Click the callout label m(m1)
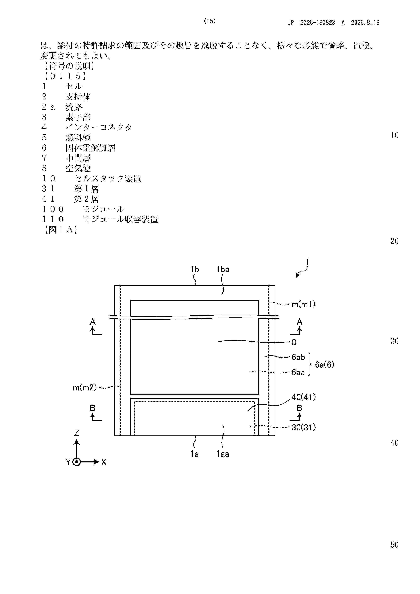click(x=303, y=304)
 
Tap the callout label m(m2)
click(x=85, y=388)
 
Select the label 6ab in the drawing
click(x=298, y=357)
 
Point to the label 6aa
click(x=298, y=372)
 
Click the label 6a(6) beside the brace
click(x=324, y=365)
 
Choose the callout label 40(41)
click(x=303, y=397)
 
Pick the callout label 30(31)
click(x=303, y=427)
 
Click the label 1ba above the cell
click(x=223, y=270)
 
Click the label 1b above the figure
click(x=195, y=270)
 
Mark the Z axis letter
click(x=77, y=433)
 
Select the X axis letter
click(x=104, y=462)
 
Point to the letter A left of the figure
click(x=93, y=322)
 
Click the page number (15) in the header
click(x=210, y=21)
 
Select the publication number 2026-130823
click(x=318, y=23)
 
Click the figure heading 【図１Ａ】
click(x=60, y=229)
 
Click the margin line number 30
click(x=394, y=341)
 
